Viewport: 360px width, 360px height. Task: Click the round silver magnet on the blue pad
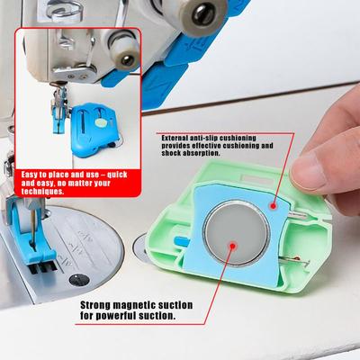click(x=237, y=233)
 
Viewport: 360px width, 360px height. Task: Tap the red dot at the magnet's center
click(x=232, y=247)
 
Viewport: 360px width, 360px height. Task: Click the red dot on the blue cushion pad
click(x=273, y=206)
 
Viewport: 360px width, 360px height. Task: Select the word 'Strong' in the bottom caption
click(x=94, y=305)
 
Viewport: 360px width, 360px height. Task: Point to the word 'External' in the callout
click(x=175, y=138)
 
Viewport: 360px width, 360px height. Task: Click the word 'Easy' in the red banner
click(x=29, y=175)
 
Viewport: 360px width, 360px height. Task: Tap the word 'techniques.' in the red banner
click(x=42, y=192)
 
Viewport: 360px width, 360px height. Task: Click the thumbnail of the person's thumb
click(x=308, y=172)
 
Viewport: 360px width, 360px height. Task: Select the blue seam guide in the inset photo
click(x=94, y=130)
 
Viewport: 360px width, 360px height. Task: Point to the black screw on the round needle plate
click(x=79, y=280)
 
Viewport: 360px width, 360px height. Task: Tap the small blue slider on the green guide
click(x=182, y=240)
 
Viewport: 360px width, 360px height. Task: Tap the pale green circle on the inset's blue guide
click(x=101, y=121)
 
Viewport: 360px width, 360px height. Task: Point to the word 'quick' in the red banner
click(x=117, y=175)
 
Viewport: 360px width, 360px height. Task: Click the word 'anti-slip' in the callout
click(x=203, y=138)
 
